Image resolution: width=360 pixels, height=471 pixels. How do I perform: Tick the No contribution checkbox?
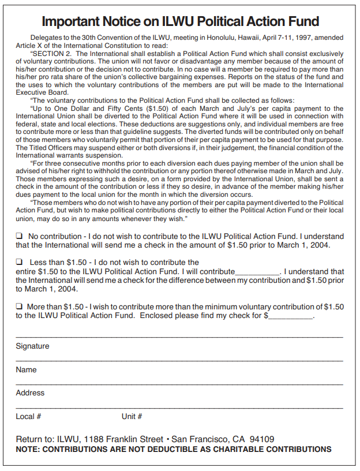pos(19,236)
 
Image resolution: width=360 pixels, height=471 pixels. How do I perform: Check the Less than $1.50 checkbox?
pos(19,263)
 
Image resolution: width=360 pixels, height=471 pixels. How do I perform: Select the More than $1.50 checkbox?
pos(19,306)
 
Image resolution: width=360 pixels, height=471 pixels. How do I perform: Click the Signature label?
pos(32,346)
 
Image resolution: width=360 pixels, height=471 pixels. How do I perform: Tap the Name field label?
pos(26,369)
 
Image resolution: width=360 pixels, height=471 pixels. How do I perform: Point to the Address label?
pos(30,392)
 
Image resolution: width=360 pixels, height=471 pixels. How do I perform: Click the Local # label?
pos(28,416)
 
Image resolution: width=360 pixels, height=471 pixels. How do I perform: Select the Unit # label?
pos(132,416)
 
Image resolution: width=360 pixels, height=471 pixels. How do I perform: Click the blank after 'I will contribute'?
pos(257,272)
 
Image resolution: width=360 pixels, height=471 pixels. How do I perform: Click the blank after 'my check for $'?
pos(291,316)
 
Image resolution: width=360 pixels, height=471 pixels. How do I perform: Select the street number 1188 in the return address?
pos(94,439)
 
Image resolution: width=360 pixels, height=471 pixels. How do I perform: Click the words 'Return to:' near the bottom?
pos(35,439)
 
